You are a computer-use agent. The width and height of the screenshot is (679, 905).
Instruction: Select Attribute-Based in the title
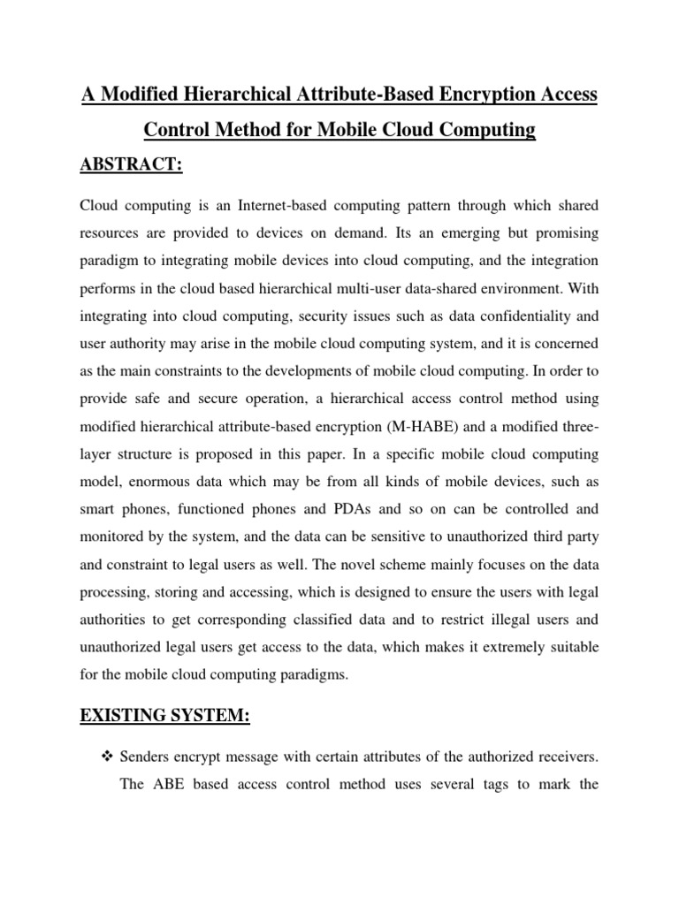(312, 94)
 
